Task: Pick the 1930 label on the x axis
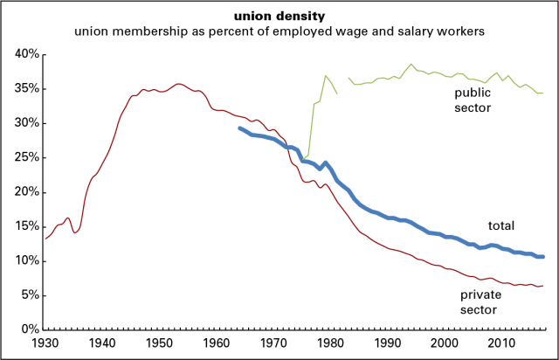45,343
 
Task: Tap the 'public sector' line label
473,99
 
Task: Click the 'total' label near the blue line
500,225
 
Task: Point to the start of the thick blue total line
239,128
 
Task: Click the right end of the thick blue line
543,256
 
